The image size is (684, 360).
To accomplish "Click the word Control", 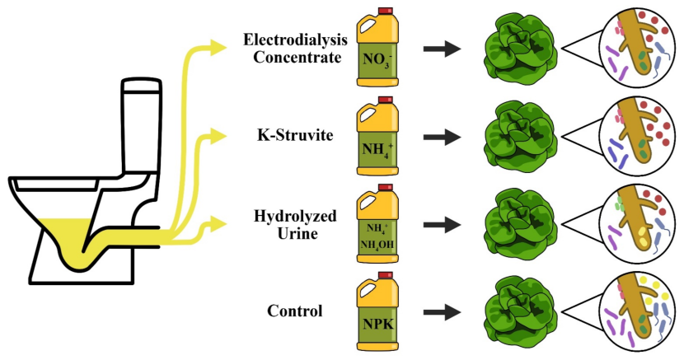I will [294, 311].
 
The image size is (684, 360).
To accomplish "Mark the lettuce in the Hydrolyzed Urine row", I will [513, 223].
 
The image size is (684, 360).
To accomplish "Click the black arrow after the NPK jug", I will [442, 312].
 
